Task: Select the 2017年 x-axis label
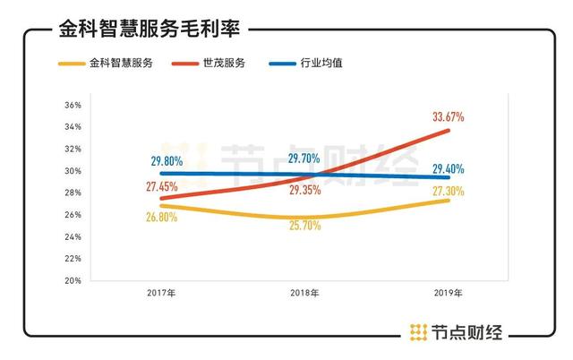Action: [x=161, y=293]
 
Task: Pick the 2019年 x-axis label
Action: [x=447, y=293]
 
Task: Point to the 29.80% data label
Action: [x=168, y=160]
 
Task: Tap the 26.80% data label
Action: [x=161, y=217]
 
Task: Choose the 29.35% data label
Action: [x=305, y=191]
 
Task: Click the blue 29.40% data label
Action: [x=448, y=168]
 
